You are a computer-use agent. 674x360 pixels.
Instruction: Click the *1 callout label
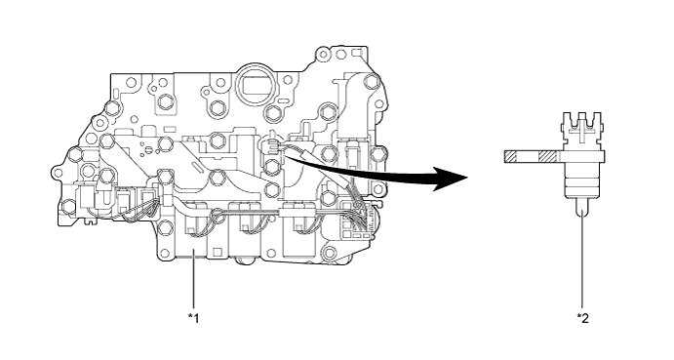click(193, 318)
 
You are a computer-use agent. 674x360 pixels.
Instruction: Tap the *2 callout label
click(582, 318)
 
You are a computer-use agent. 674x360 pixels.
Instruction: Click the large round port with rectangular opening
click(255, 84)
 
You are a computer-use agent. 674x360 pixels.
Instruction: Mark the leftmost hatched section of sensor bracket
click(510, 156)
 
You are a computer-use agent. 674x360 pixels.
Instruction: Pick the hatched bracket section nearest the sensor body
click(550, 156)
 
